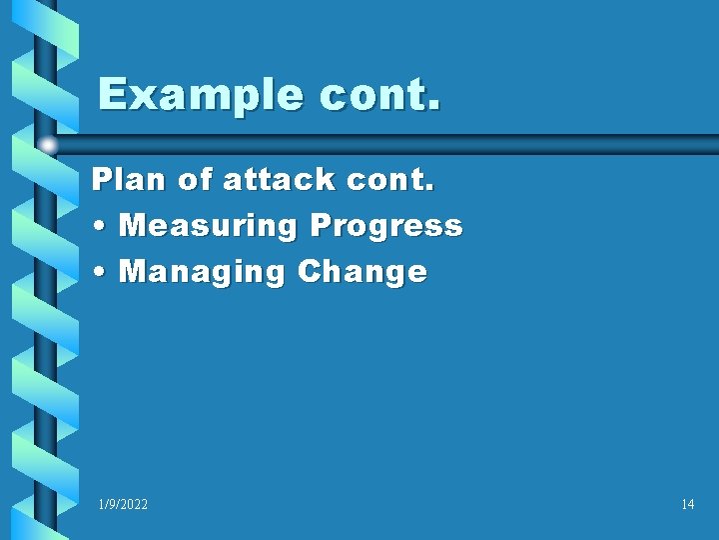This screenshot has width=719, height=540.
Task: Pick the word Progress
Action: tap(385, 226)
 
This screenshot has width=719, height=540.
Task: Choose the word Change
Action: tap(362, 272)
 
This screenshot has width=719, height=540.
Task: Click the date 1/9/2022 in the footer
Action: tap(123, 505)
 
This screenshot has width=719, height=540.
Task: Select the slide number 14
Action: tap(687, 505)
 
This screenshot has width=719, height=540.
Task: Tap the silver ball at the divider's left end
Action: tap(47, 146)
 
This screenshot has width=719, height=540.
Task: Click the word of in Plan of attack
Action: tap(190, 179)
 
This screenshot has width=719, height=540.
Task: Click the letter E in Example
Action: tap(112, 96)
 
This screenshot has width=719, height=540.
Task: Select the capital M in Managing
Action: tap(132, 272)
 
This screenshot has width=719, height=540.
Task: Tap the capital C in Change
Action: tap(310, 272)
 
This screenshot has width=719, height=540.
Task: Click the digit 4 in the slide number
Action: tap(690, 505)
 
